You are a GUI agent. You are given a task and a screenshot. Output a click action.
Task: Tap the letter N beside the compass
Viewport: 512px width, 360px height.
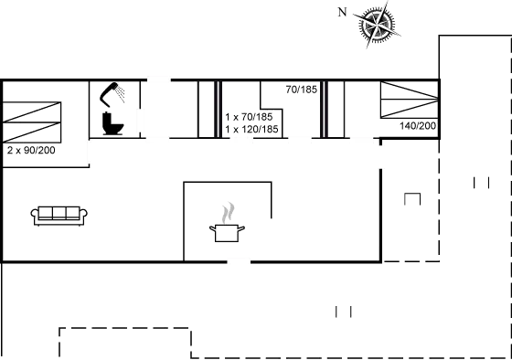point(343,13)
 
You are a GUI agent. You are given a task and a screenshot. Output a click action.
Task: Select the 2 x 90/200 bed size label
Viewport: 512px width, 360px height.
point(31,150)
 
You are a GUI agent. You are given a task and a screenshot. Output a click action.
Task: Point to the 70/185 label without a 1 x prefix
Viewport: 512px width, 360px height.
point(302,90)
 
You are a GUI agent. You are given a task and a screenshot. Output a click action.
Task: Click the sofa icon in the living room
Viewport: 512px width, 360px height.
point(59,215)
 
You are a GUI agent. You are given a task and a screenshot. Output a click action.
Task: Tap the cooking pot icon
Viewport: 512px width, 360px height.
point(228,231)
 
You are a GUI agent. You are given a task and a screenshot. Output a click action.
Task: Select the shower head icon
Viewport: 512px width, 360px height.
point(114,92)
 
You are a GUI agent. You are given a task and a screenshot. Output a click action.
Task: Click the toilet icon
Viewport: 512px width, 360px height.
point(112,122)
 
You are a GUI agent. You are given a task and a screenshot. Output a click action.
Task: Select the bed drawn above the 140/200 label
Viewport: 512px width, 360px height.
point(408,100)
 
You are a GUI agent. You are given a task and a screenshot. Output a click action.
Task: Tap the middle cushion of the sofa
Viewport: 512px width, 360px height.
point(59,213)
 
